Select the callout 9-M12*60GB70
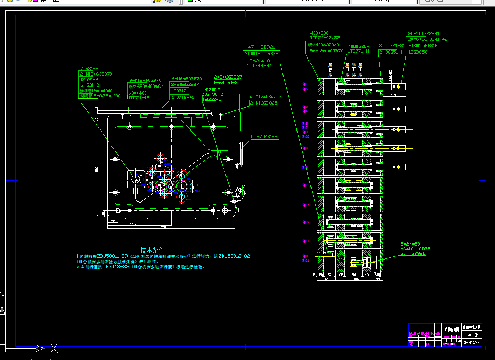click(x=145, y=80)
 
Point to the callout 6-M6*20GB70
click(x=185, y=79)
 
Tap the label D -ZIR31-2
click(x=264, y=137)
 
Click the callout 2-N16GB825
click(x=263, y=103)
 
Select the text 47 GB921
click(x=261, y=47)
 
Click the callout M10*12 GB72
click(x=261, y=53)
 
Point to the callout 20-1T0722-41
click(x=423, y=33)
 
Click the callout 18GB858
click(x=418, y=52)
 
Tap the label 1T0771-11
click(x=359, y=51)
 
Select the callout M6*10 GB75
click(x=415, y=249)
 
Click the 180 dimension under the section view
click(x=356, y=280)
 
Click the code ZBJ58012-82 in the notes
click(x=234, y=256)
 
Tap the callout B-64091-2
click(x=226, y=82)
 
